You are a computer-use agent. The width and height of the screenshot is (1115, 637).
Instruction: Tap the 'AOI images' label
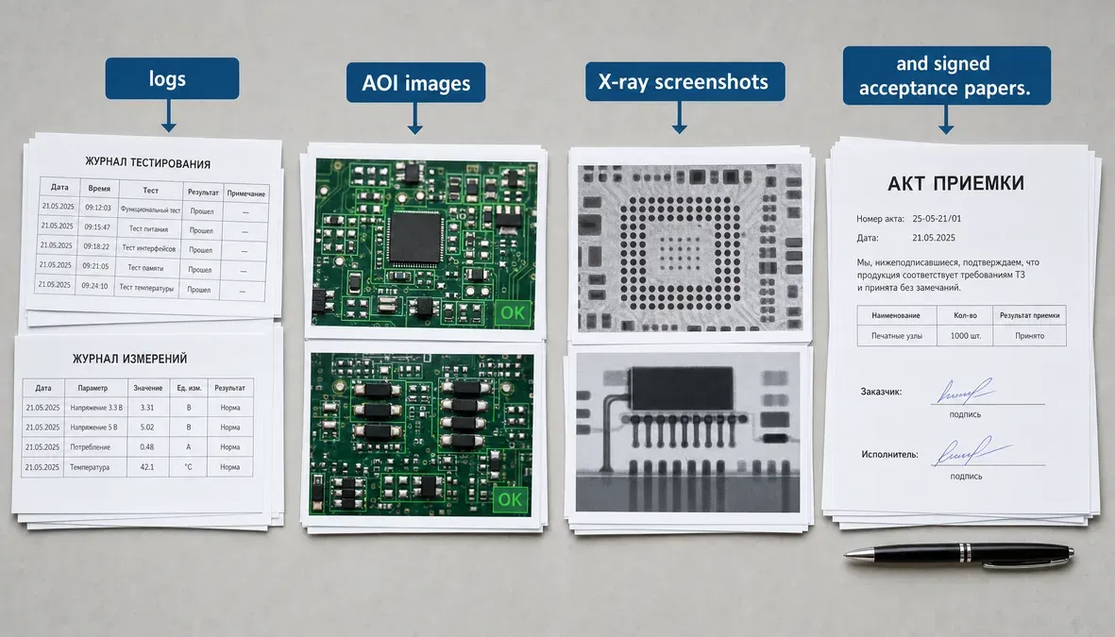point(416,82)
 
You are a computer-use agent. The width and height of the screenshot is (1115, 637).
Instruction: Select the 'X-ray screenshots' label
point(684,82)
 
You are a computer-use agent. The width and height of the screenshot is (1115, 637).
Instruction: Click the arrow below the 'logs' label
point(169,115)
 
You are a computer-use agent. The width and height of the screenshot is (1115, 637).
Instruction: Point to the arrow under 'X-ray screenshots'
point(679,117)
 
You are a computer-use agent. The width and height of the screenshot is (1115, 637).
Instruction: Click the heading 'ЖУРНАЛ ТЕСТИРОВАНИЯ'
point(148,163)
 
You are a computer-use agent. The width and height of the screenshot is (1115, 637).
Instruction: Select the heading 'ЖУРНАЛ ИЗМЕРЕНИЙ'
point(129,359)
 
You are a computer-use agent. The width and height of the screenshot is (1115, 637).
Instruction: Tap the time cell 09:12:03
point(98,208)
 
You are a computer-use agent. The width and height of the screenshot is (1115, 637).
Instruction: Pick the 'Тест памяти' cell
point(145,268)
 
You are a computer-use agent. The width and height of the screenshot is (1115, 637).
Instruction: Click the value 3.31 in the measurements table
point(147,408)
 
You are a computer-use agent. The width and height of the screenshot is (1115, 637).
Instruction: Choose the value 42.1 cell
point(147,467)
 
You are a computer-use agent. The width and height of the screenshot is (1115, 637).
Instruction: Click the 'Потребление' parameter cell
point(91,447)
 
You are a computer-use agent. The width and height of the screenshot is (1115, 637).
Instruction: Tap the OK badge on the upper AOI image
point(512,312)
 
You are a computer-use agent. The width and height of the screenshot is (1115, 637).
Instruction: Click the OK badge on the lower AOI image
point(510,500)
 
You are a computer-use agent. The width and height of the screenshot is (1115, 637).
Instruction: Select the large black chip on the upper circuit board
point(416,239)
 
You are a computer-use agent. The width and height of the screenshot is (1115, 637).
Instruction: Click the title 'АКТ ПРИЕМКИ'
point(955,183)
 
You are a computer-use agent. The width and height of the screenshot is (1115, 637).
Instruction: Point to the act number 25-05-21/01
point(937,219)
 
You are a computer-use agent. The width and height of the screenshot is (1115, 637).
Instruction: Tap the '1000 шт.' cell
point(965,336)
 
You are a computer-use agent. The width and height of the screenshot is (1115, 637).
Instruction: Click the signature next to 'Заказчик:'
point(965,391)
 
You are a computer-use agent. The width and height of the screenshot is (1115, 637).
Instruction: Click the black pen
point(959,555)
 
